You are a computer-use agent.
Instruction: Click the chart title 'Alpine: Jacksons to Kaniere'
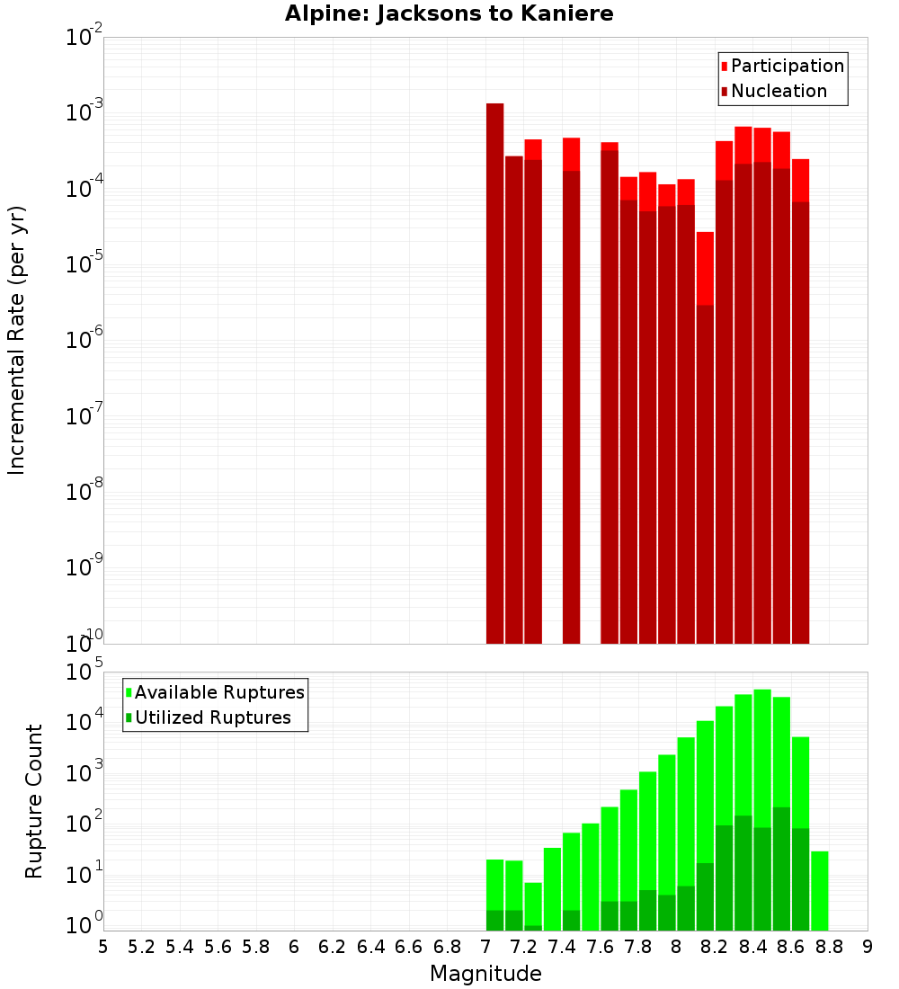[449, 14]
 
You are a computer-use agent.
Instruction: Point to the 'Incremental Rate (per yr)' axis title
[17, 340]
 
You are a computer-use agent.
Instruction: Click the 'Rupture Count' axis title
[34, 801]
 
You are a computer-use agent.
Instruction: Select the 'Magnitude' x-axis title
[485, 974]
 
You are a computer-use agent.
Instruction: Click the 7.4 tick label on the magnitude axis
[562, 947]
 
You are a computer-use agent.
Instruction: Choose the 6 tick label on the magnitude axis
[294, 947]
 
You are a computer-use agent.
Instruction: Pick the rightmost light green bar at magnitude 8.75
[819, 890]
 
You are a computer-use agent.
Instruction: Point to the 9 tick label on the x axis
[868, 947]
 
